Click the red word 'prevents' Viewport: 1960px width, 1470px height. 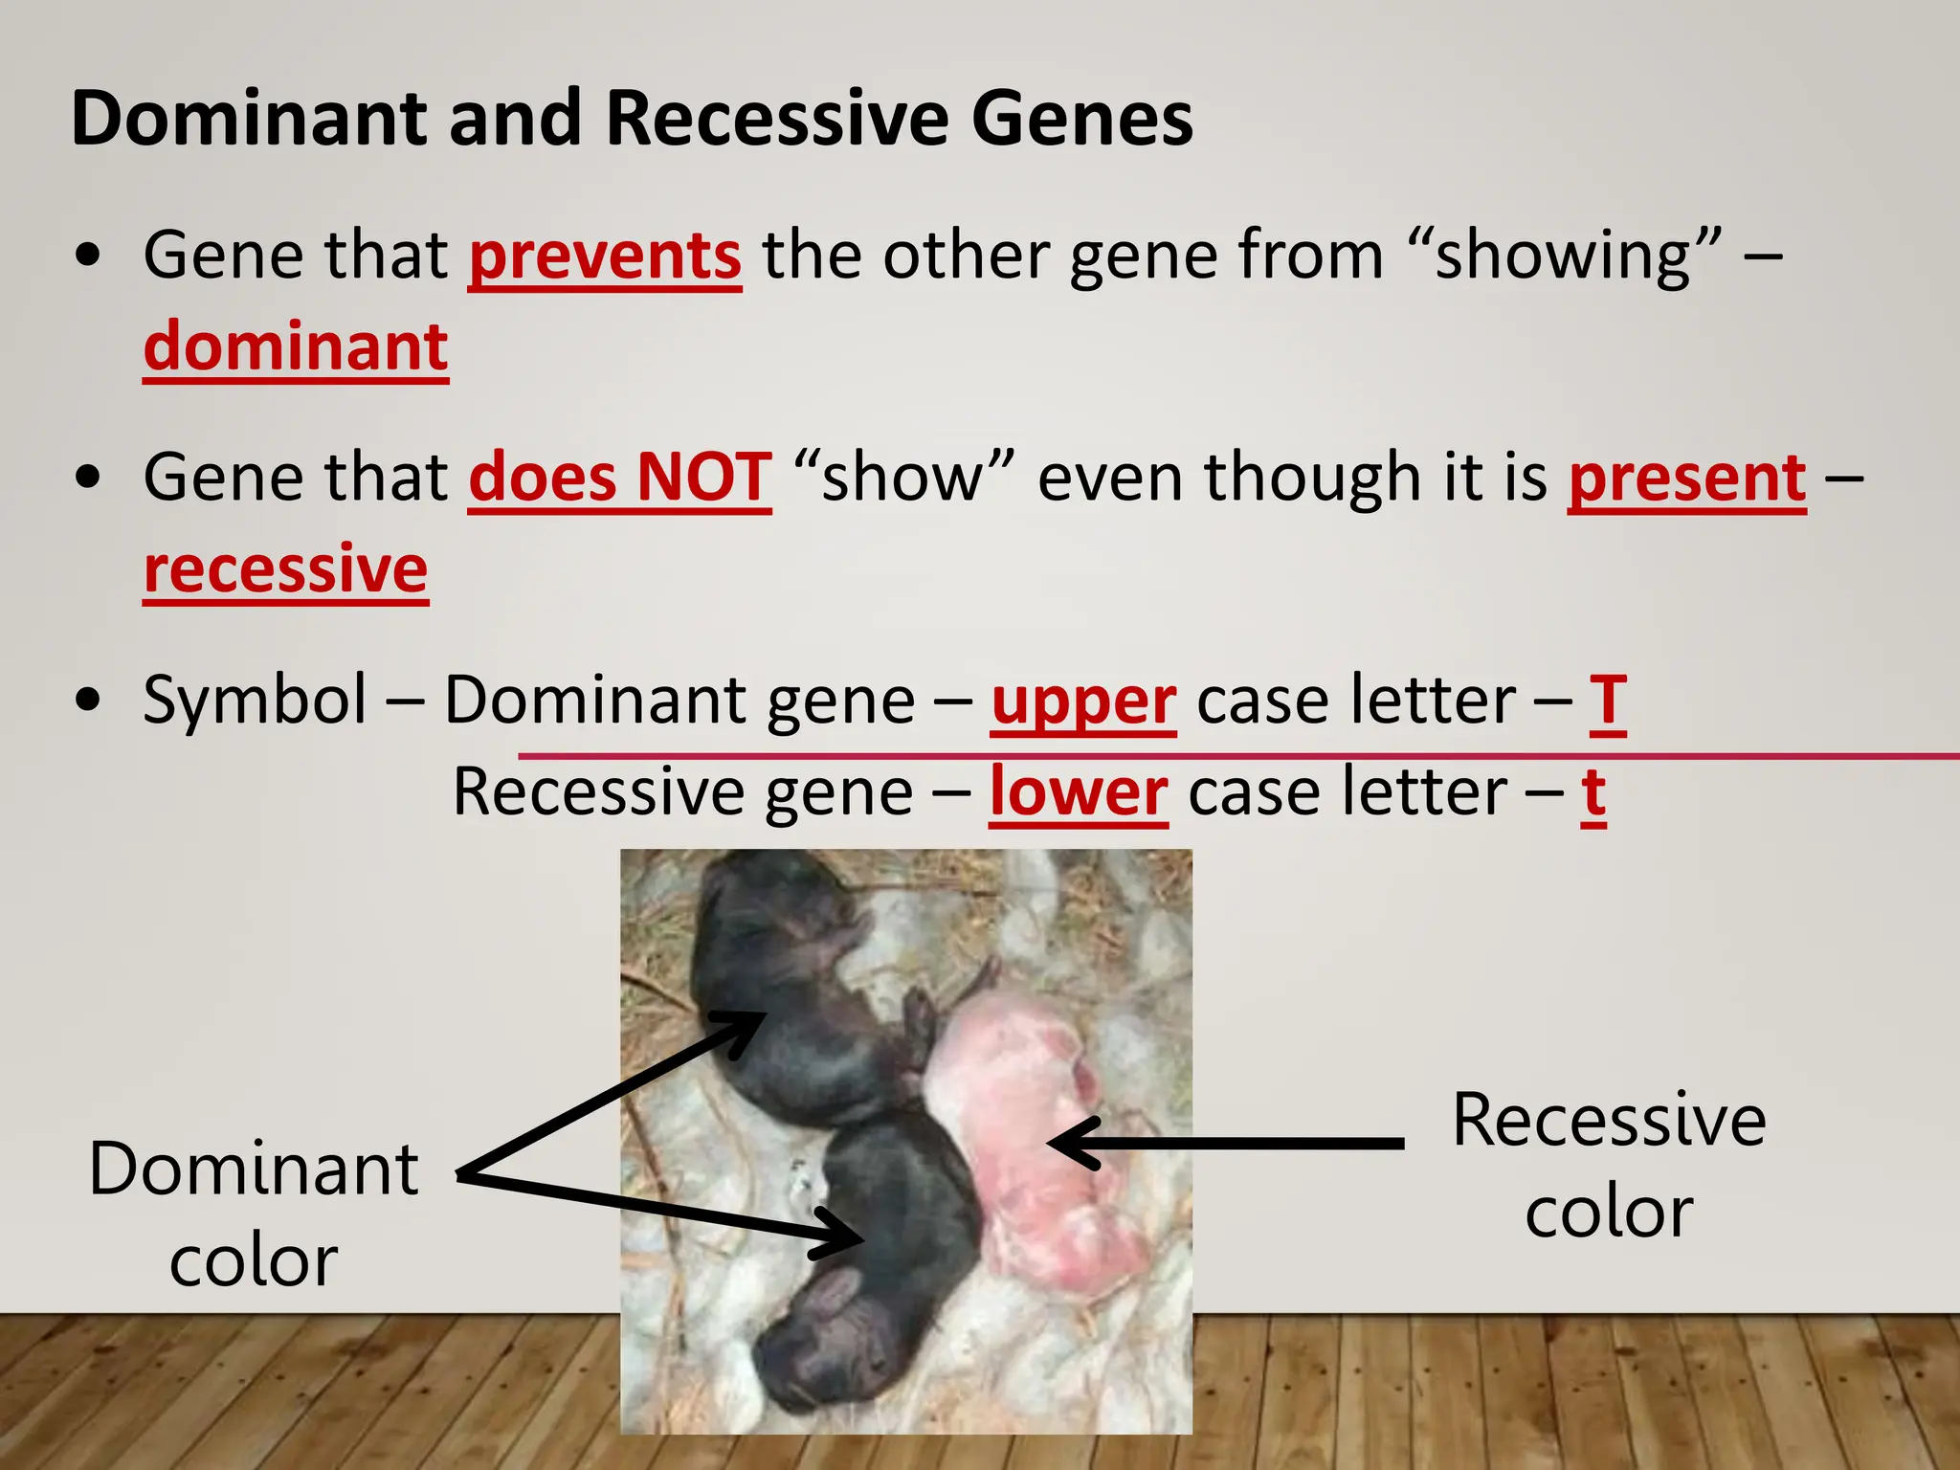(x=605, y=256)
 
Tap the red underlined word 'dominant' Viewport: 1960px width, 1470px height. (x=296, y=346)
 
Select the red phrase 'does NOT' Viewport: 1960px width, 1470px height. (x=619, y=478)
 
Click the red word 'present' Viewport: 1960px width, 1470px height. (x=1686, y=478)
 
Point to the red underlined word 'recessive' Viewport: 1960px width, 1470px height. (x=285, y=569)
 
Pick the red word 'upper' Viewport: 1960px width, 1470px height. (x=1082, y=701)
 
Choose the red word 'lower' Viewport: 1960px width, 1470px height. (x=1078, y=792)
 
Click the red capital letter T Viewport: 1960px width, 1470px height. (x=1608, y=701)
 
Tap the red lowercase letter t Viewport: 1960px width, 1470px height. (x=1592, y=792)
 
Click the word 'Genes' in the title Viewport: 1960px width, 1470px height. (x=1081, y=119)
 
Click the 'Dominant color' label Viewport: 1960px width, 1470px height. (x=254, y=1214)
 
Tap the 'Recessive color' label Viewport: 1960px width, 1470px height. (x=1609, y=1165)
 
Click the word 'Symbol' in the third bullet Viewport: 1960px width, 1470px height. (x=255, y=701)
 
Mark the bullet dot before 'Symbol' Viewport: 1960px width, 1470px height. (x=88, y=701)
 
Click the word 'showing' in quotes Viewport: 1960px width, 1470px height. (x=1563, y=256)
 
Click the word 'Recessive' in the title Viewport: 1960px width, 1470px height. (x=777, y=119)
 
